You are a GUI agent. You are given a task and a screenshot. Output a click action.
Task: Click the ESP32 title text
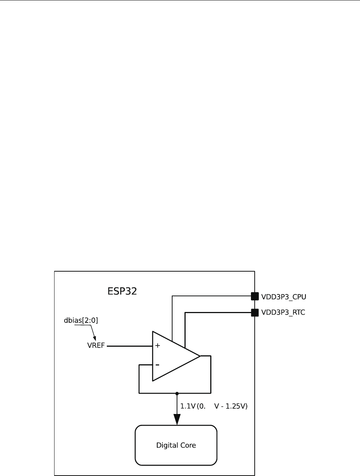point(122,291)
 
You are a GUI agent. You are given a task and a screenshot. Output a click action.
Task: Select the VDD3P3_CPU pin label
point(284,297)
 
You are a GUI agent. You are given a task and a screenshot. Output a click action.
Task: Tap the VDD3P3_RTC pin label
point(283,312)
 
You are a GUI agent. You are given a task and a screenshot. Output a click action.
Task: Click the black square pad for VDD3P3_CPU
point(255,296)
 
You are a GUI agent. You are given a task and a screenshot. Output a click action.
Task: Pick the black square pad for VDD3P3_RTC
point(255,312)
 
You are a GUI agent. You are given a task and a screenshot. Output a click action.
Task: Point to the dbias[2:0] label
point(81,320)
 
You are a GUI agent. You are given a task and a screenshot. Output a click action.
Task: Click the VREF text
point(96,346)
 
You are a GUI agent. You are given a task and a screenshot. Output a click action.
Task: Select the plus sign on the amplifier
point(158,346)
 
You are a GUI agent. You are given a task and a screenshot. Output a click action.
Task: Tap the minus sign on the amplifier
point(157,365)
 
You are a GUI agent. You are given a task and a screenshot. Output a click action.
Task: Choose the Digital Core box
point(176,445)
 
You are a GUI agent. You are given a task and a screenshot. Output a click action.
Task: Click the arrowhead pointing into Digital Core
point(177,419)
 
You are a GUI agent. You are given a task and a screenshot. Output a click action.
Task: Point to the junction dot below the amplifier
point(177,393)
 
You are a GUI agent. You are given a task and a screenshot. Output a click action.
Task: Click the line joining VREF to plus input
point(129,346)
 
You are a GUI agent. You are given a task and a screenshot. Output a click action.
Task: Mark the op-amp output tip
point(200,356)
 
